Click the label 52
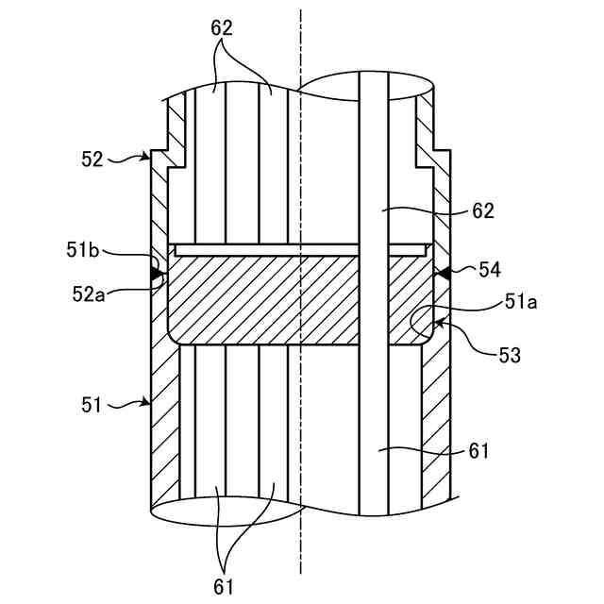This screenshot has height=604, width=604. pyautogui.click(x=92, y=159)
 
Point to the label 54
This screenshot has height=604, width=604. pyautogui.click(x=489, y=271)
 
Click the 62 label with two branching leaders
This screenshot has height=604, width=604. pyautogui.click(x=222, y=29)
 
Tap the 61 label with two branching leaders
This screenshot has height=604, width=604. pyautogui.click(x=223, y=585)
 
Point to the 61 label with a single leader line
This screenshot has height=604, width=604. pyautogui.click(x=478, y=451)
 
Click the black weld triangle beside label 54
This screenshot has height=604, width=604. pyautogui.click(x=439, y=273)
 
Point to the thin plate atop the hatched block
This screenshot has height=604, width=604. pyautogui.click(x=283, y=249)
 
